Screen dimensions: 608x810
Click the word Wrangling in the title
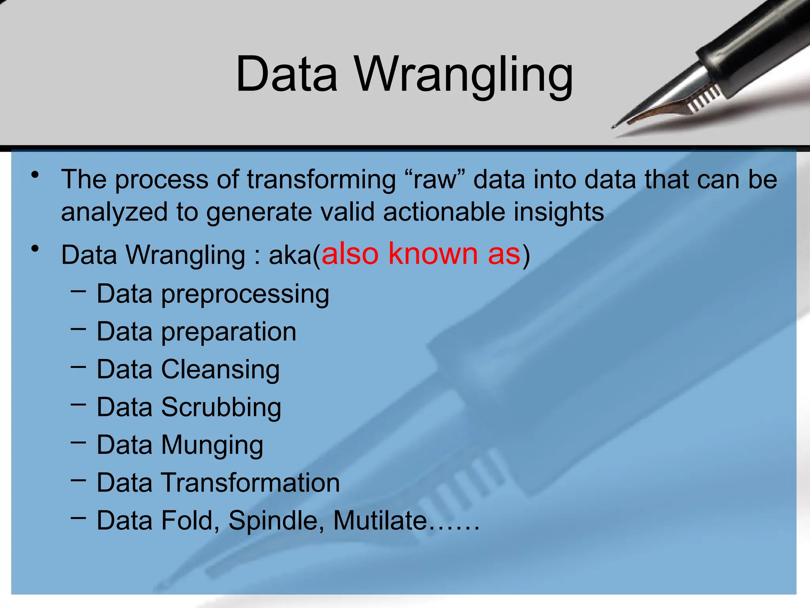click(x=463, y=75)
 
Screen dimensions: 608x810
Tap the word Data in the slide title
click(x=286, y=75)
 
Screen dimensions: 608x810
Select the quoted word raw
click(x=435, y=180)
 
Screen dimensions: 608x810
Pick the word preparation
click(x=229, y=332)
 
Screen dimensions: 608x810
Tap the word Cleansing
click(x=221, y=369)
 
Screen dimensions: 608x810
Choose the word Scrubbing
click(x=221, y=407)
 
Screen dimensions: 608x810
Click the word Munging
click(x=212, y=445)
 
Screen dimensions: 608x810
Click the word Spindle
click(x=276, y=521)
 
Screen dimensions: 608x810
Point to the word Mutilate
click(x=380, y=521)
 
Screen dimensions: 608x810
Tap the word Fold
click(x=190, y=521)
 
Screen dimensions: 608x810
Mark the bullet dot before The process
click(x=36, y=175)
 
